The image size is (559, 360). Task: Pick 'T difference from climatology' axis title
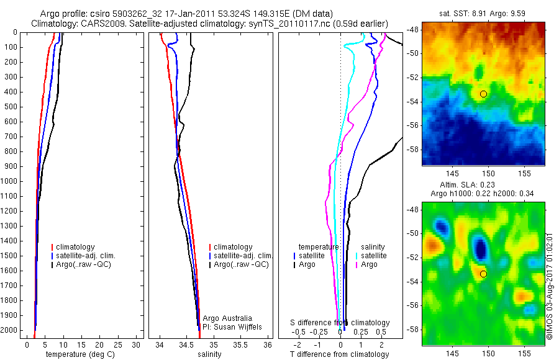[339, 354]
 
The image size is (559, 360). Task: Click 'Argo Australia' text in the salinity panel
[227, 318]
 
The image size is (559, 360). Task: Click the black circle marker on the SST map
[483, 94]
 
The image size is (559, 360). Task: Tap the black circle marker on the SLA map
[483, 274]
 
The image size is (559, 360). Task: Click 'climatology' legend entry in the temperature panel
[77, 247]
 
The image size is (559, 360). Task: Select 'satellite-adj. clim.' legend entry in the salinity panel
[243, 256]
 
